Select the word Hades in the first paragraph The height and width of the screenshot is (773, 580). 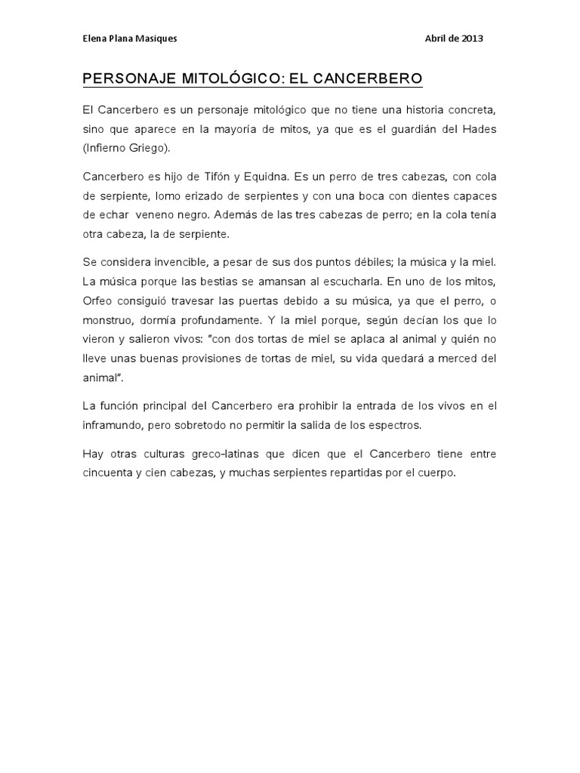(x=480, y=128)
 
